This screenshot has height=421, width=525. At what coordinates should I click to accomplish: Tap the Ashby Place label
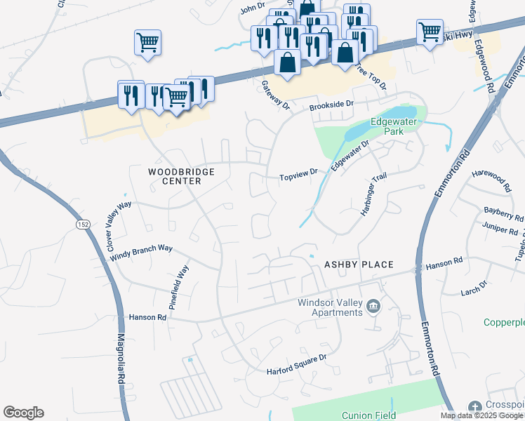coord(358,265)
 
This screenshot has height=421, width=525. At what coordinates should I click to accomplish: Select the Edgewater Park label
coord(394,126)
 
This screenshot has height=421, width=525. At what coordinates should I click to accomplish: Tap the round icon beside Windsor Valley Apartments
coord(373,306)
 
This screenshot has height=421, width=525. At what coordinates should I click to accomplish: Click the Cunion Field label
coord(368,415)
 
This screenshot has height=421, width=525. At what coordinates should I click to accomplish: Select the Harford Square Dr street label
coord(297,363)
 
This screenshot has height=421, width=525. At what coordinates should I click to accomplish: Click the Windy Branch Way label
coord(141,253)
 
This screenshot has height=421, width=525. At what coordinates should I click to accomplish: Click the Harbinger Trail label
coord(374,194)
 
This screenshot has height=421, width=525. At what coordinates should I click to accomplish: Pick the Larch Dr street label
coord(474,286)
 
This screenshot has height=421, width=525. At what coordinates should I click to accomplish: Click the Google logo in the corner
coord(23,413)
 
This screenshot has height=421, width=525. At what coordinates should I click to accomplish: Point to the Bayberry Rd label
coord(504,213)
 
